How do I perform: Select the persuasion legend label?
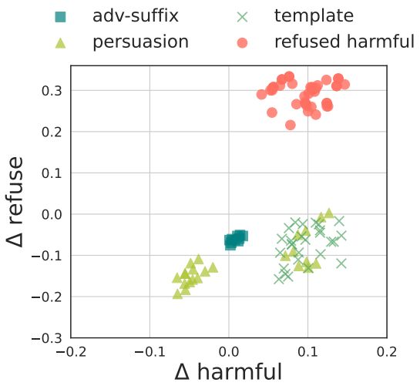point(140,42)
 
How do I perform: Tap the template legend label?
point(314,15)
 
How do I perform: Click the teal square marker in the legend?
point(62,16)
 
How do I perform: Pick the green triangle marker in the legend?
point(62,42)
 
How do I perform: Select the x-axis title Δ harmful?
point(228,372)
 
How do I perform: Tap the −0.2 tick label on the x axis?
point(71,351)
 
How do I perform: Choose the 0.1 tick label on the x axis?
point(307,351)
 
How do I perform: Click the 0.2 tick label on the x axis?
point(386,351)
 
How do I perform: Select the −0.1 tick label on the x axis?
point(150,351)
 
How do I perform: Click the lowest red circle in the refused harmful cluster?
point(291,125)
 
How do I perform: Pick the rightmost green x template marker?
point(341,236)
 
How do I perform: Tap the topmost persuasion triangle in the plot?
point(329,213)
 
